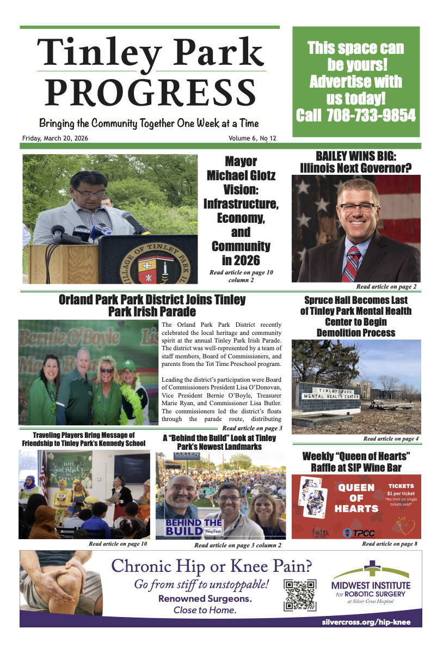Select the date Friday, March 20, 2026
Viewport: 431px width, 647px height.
(x=55, y=138)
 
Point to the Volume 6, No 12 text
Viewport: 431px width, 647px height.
(x=253, y=138)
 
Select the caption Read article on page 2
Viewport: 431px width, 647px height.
(x=386, y=286)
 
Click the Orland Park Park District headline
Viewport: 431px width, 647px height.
(x=152, y=306)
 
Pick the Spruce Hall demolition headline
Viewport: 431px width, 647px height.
(x=356, y=316)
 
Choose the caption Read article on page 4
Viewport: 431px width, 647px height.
(x=391, y=438)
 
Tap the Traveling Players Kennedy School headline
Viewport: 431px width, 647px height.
(x=83, y=439)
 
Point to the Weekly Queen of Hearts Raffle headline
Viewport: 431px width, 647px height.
(x=356, y=461)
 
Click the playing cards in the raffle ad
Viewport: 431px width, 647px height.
(x=315, y=498)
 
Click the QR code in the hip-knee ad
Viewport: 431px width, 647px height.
(x=300, y=595)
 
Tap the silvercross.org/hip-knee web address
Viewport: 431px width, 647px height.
(x=366, y=621)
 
